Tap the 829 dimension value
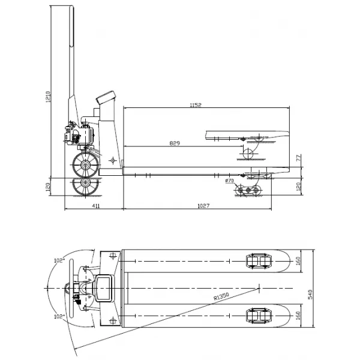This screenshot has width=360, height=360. click(175, 144)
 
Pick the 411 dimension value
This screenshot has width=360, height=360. click(95, 206)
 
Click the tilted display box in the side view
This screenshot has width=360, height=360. click(107, 97)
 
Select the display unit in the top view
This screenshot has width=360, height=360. click(103, 287)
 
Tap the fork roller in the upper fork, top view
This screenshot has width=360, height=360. click(257, 262)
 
